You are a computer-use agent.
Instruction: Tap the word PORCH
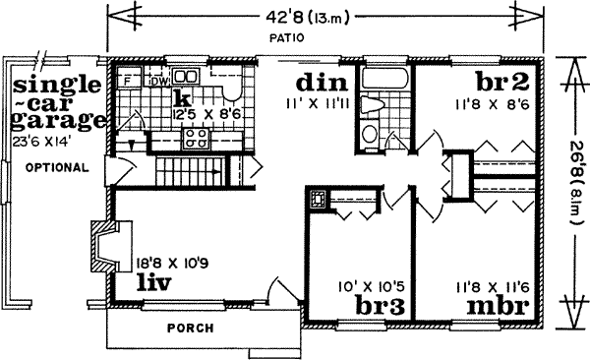pyautogui.click(x=191, y=328)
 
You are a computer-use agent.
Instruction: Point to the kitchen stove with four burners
pyautogui.click(x=194, y=137)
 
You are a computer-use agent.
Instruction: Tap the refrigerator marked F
pyautogui.click(x=128, y=79)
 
